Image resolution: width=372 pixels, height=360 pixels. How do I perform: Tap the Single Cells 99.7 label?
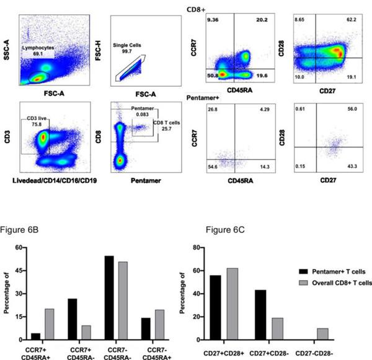128,49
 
